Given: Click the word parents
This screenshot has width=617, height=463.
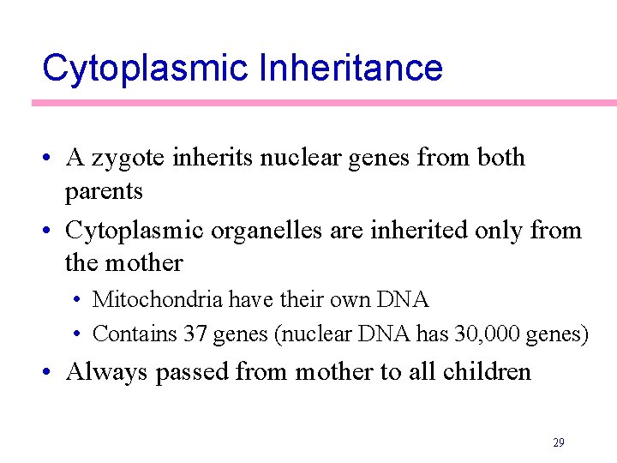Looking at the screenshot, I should (x=104, y=191).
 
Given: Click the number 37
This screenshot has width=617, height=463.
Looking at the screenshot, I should (x=196, y=333).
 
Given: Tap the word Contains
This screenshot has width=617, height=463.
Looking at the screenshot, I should (x=135, y=333).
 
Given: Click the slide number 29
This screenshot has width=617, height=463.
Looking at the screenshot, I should (x=558, y=442).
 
